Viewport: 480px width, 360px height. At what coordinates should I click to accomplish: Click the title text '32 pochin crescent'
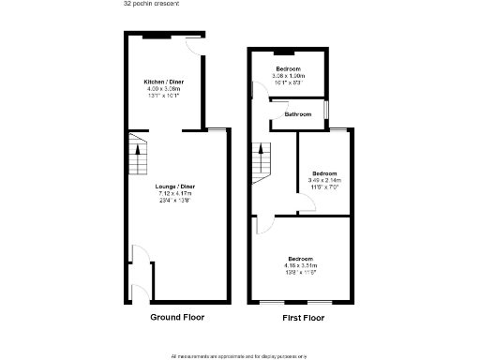click(x=152, y=4)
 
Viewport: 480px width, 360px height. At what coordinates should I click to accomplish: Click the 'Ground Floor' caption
click(x=177, y=318)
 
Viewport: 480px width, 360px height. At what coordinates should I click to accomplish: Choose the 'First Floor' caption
click(x=303, y=318)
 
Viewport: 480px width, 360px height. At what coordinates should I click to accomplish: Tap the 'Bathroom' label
click(x=299, y=114)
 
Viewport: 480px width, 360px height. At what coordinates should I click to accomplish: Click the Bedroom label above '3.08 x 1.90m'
click(x=287, y=69)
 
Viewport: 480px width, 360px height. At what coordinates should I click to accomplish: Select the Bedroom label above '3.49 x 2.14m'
click(x=325, y=173)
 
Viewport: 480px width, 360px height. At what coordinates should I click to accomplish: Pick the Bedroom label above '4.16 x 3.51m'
click(x=300, y=259)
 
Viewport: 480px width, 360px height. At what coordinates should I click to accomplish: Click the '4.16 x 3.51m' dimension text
click(x=300, y=265)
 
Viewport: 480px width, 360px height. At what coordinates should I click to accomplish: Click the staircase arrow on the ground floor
click(x=137, y=148)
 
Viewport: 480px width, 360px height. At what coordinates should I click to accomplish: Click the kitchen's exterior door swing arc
click(x=191, y=47)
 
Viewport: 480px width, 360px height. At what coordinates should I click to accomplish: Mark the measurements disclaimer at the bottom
click(x=240, y=355)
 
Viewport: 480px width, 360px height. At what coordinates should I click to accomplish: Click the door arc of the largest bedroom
click(x=264, y=223)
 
